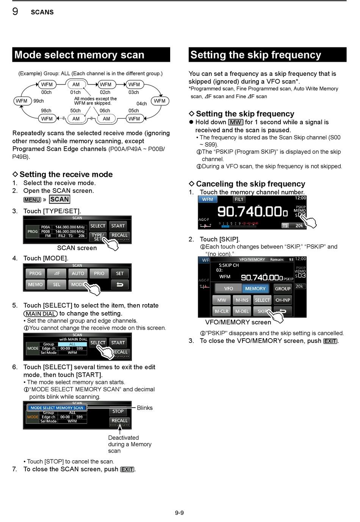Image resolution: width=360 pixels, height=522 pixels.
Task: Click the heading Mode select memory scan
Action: [79, 55]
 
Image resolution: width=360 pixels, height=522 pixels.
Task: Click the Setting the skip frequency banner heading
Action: [256, 55]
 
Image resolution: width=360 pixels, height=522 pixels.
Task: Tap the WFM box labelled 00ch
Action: [47, 84]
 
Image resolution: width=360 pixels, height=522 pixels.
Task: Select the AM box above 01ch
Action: [76, 84]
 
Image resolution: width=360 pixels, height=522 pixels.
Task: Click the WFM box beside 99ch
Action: [22, 101]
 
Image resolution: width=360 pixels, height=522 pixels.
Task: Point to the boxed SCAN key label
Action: [59, 199]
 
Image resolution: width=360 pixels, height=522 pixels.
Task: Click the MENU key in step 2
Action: [32, 200]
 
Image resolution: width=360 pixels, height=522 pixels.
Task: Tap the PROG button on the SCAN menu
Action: [36, 273]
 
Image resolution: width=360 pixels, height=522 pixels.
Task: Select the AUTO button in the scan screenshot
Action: [78, 273]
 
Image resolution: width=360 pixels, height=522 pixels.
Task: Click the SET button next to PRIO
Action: [120, 273]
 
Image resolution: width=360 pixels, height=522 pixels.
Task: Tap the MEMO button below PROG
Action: [36, 284]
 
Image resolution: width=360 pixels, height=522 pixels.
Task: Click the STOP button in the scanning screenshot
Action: [118, 411]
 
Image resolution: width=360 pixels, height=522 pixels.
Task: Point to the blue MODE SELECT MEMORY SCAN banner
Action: [57, 408]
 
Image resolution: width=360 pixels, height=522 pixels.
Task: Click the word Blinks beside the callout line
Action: [145, 408]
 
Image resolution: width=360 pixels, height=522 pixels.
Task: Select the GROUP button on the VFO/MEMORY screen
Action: [283, 289]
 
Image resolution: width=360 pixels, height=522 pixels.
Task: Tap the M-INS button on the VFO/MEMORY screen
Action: [242, 300]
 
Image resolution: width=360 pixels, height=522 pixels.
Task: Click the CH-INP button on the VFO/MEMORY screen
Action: [283, 300]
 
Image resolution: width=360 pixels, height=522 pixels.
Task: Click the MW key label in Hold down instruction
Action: [236, 122]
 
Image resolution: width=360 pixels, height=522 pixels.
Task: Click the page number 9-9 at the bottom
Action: [180, 513]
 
